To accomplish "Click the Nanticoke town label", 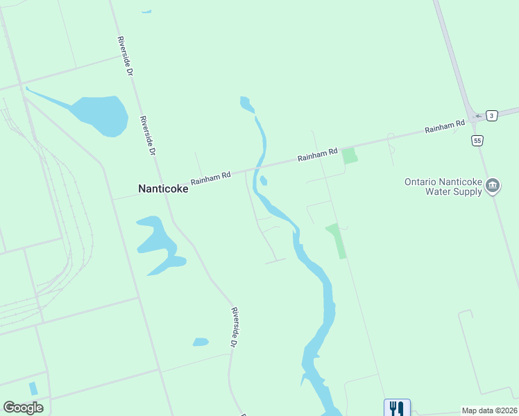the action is point(163,188).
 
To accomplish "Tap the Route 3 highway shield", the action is point(492,115).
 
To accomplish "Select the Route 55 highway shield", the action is point(477,141).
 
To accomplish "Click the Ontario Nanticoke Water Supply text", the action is point(444,187).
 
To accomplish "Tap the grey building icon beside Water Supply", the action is point(493,185).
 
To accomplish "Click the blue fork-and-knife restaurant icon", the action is point(397,408).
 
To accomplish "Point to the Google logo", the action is point(23,408).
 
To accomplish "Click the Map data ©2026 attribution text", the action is point(489,410).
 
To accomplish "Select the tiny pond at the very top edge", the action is point(146,11).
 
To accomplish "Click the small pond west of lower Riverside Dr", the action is point(201,342).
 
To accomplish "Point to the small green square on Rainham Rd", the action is point(350,155).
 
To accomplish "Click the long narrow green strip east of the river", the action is point(337,240).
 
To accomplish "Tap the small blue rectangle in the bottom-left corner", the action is point(33,388).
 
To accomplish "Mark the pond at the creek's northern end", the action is point(246,105).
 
